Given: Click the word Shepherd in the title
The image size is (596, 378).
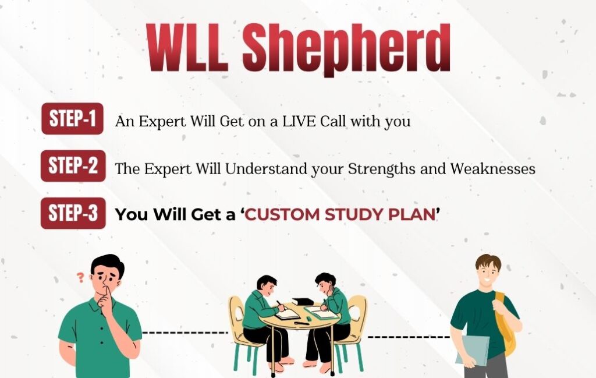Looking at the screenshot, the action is (x=346, y=49).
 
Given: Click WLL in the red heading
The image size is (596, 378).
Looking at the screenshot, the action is (x=188, y=48).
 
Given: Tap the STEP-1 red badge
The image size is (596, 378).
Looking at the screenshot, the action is (x=72, y=118).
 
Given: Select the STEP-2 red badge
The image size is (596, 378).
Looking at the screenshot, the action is (x=73, y=166).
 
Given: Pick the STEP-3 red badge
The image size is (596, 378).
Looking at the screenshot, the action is (x=73, y=213).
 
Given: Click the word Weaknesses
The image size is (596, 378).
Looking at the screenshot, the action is (x=492, y=168).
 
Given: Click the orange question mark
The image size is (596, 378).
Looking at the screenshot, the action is (x=80, y=278).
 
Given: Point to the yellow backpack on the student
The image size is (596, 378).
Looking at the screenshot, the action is (x=505, y=323).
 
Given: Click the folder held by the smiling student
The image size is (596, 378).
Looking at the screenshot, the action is (x=473, y=350).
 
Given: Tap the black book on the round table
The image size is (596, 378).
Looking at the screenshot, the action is (x=303, y=301).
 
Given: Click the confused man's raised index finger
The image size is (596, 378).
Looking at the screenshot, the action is (x=107, y=293).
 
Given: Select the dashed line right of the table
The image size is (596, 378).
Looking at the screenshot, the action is (x=409, y=337).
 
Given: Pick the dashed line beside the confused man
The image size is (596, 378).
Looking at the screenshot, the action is (x=185, y=333).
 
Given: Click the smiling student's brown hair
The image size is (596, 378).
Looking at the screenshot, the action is (x=488, y=262).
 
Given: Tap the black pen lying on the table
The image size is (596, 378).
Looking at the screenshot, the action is (x=301, y=324).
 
